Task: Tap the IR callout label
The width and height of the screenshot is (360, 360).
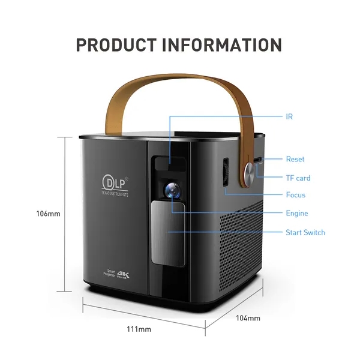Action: click(x=290, y=116)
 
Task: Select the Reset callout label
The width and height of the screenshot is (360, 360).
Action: click(x=295, y=159)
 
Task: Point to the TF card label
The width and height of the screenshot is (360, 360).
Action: click(x=298, y=178)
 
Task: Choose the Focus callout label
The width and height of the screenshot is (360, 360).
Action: click(x=295, y=195)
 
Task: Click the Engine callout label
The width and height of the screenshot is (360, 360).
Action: click(x=296, y=213)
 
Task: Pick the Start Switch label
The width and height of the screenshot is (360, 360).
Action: click(x=305, y=232)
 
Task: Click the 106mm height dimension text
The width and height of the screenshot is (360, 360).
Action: click(x=48, y=214)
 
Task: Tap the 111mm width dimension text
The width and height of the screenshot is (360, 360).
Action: click(x=140, y=329)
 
